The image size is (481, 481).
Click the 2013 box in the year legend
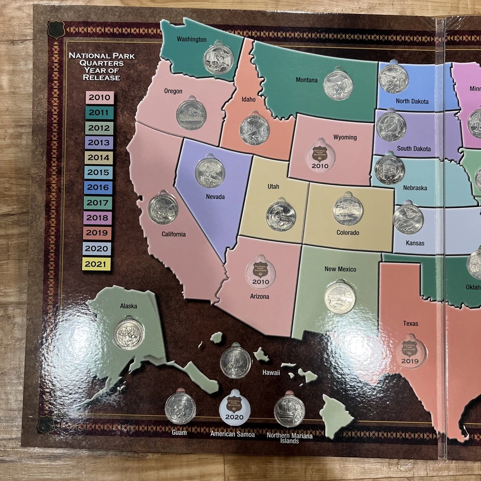pos(99,143)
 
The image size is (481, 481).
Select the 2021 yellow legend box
pos(97,264)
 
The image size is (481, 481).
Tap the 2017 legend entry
pos(98,203)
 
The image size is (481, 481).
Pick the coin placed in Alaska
pos(129,335)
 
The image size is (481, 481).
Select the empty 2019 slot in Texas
pos(410,351)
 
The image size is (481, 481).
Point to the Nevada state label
pos(215,197)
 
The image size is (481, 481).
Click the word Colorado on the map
pos(348,233)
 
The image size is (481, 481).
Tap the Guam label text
pos(179,432)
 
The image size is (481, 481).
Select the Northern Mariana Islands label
pos(290,438)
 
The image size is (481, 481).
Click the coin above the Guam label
pos(180,407)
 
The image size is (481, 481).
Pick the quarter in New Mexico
pos(340,297)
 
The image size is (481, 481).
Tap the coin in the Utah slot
pos(281,216)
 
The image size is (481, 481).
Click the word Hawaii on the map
pos(271,373)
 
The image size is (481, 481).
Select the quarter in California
pos(163,209)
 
